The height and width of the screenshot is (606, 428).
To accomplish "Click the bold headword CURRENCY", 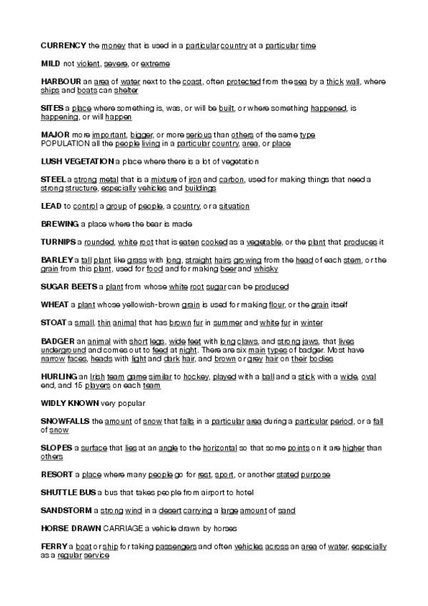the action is (x=64, y=45).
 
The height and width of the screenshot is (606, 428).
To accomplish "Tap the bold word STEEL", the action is (x=54, y=179).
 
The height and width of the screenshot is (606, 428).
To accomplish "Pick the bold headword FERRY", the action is (x=54, y=547).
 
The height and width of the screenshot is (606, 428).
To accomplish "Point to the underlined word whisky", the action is (x=267, y=269).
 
